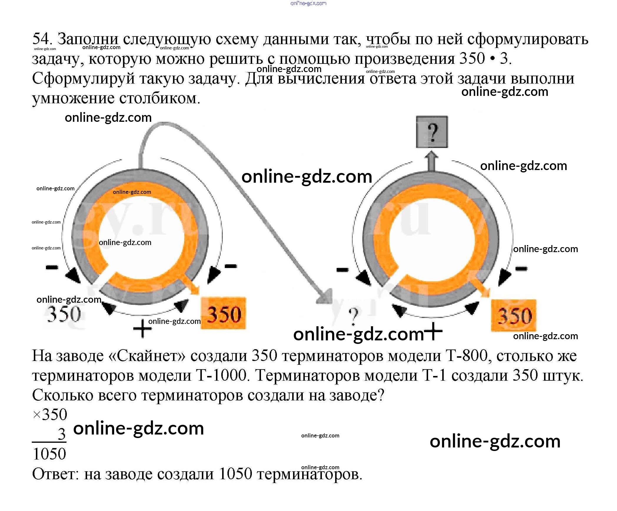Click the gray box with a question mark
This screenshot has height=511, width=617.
(432, 132)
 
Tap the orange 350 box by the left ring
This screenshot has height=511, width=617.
(223, 314)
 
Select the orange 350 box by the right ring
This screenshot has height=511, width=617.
(514, 316)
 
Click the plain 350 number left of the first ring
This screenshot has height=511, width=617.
(64, 314)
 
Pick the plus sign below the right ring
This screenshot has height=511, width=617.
(432, 331)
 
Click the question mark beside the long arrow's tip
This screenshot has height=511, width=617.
(354, 316)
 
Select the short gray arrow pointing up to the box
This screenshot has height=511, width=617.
(431, 160)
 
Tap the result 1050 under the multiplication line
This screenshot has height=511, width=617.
(49, 454)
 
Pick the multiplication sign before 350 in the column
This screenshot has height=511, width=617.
(36, 415)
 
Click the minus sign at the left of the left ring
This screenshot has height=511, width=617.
(52, 267)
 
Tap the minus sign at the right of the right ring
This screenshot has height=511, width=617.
(521, 268)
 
